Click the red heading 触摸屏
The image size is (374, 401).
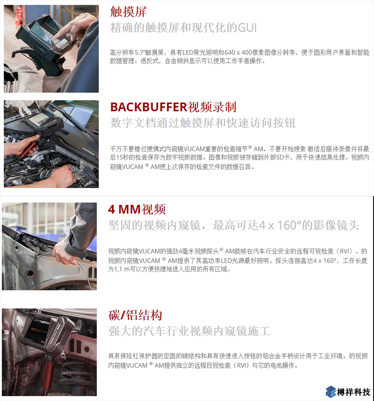[x=128, y=12]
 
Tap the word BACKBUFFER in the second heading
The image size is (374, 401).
[x=149, y=107]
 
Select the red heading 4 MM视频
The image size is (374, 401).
[x=137, y=209]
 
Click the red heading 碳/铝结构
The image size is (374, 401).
[x=135, y=315]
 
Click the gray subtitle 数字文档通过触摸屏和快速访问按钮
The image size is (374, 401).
[x=203, y=123]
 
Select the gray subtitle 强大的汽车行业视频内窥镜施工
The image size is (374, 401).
[x=189, y=331]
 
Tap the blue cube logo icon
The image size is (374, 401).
[x=331, y=391]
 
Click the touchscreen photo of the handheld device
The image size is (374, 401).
[x=51, y=49]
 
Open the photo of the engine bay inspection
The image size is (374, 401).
[x=51, y=144]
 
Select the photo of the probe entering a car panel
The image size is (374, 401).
[x=49, y=246]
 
